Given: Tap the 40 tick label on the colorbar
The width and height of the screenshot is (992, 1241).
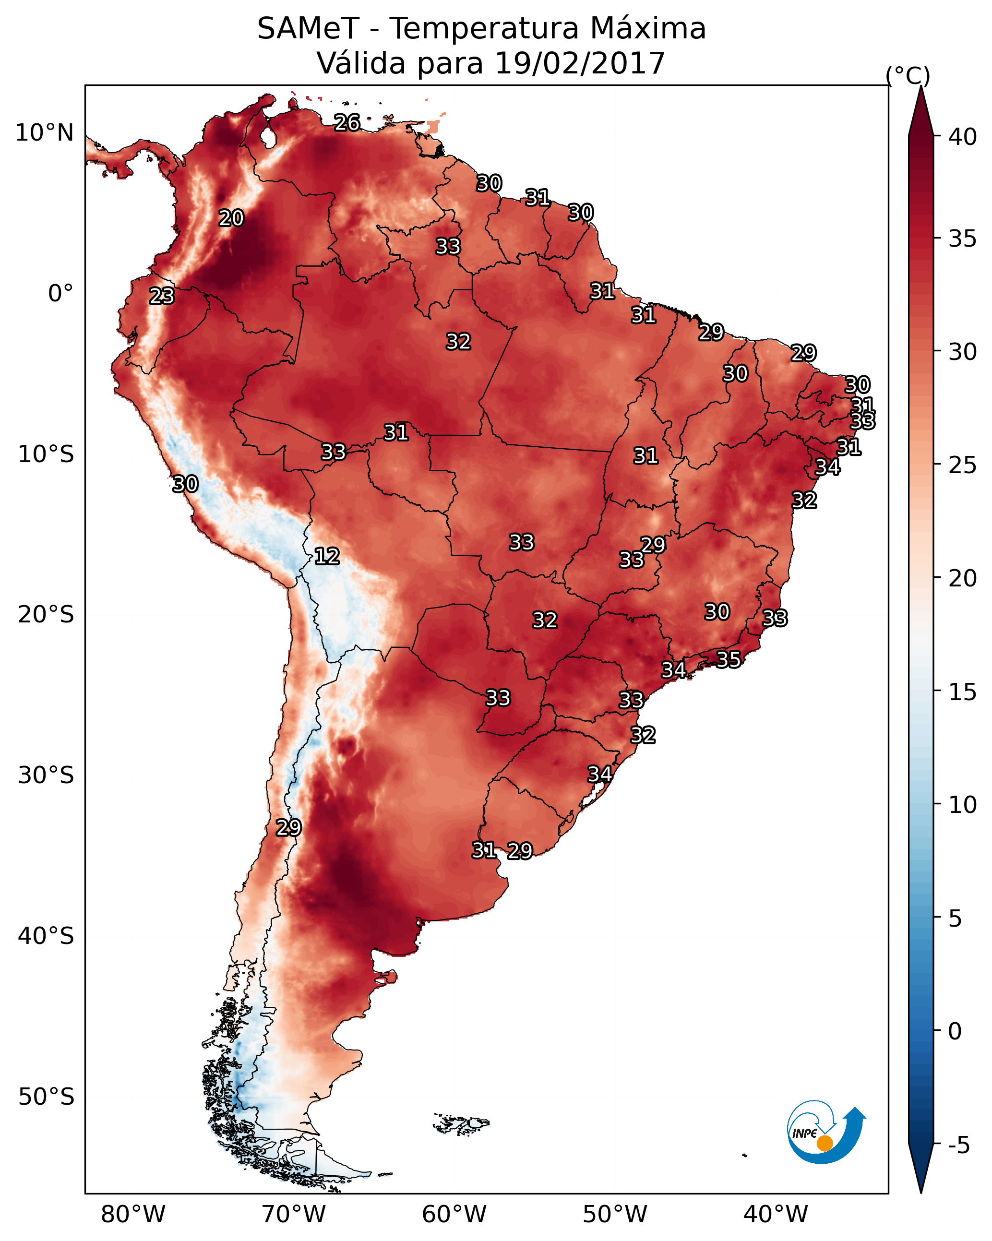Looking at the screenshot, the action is click(x=963, y=137).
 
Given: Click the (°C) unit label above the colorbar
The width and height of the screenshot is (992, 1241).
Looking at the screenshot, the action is click(x=908, y=75).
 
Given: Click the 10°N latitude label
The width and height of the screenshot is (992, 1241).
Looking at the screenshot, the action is click(x=44, y=133).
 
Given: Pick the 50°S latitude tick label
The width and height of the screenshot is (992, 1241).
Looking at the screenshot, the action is click(x=46, y=1097).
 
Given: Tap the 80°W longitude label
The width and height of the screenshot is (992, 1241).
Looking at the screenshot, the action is click(x=133, y=1215).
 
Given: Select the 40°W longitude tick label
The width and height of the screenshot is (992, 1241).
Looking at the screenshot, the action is click(x=776, y=1215).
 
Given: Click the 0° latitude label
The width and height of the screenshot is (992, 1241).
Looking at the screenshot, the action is click(x=61, y=294).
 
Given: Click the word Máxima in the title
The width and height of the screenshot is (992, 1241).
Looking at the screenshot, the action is click(x=647, y=29).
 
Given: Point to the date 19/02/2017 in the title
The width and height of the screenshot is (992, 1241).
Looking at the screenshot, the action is click(x=580, y=63).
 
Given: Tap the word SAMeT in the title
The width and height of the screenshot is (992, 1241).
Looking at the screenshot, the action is click(x=309, y=29).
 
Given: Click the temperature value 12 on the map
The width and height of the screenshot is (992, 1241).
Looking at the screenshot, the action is click(x=327, y=556).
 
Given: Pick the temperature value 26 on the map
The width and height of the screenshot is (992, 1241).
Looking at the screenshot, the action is click(x=347, y=122).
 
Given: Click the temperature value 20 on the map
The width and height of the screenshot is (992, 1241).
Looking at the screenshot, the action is click(x=231, y=218).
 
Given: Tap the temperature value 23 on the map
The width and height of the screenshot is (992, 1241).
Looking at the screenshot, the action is click(x=162, y=296).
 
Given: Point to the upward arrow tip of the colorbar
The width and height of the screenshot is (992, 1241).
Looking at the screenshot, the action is click(x=920, y=86).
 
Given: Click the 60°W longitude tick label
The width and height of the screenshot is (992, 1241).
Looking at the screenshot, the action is click(x=454, y=1215).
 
